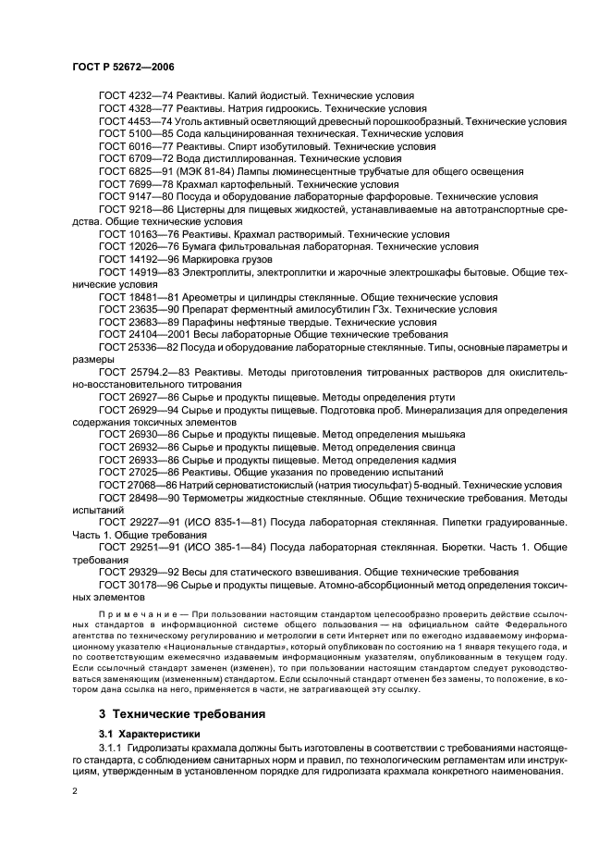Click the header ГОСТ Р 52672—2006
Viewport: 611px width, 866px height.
click(x=122, y=68)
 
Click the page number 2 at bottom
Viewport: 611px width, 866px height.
click(x=76, y=791)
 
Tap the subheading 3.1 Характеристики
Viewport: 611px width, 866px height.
click(x=143, y=733)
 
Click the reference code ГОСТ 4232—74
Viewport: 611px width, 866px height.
click(x=129, y=95)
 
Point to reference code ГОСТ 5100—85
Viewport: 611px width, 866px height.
click(x=129, y=133)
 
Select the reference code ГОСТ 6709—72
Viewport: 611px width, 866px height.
click(x=129, y=159)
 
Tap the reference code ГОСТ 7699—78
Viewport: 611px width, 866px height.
click(x=129, y=184)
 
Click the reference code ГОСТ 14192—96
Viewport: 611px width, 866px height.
click(x=132, y=260)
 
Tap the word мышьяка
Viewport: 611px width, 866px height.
click(x=441, y=434)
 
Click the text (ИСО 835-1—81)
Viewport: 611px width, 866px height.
click(x=217, y=523)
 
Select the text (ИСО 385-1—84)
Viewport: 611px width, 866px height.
click(x=217, y=548)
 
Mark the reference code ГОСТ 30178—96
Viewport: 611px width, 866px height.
click(x=132, y=586)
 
